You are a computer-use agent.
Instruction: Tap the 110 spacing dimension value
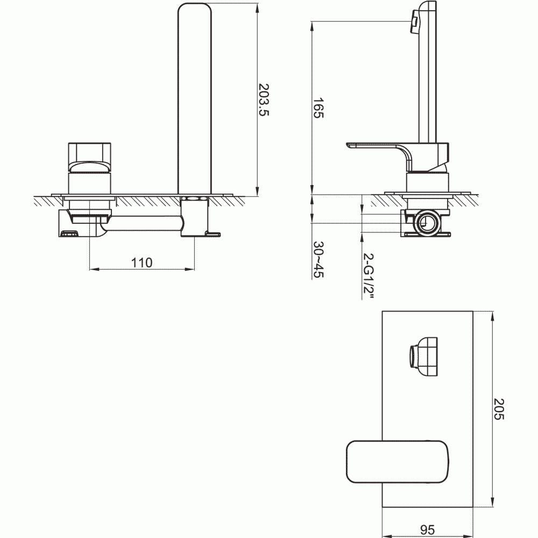point(141,263)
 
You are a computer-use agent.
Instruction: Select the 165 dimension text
point(318,108)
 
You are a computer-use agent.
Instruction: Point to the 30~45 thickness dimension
point(318,259)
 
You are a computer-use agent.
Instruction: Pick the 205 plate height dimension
point(499,409)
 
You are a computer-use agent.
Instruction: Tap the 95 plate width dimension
point(427,530)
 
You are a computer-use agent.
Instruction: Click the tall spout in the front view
point(195,97)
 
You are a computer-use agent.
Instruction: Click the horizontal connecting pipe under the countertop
point(143,223)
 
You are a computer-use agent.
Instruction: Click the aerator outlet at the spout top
point(415,21)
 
